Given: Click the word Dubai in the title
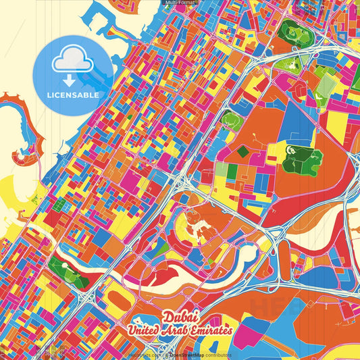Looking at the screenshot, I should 180,317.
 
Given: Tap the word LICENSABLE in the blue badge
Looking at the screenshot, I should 74,95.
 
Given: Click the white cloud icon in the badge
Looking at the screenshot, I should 74,63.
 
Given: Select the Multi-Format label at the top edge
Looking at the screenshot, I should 179,3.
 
